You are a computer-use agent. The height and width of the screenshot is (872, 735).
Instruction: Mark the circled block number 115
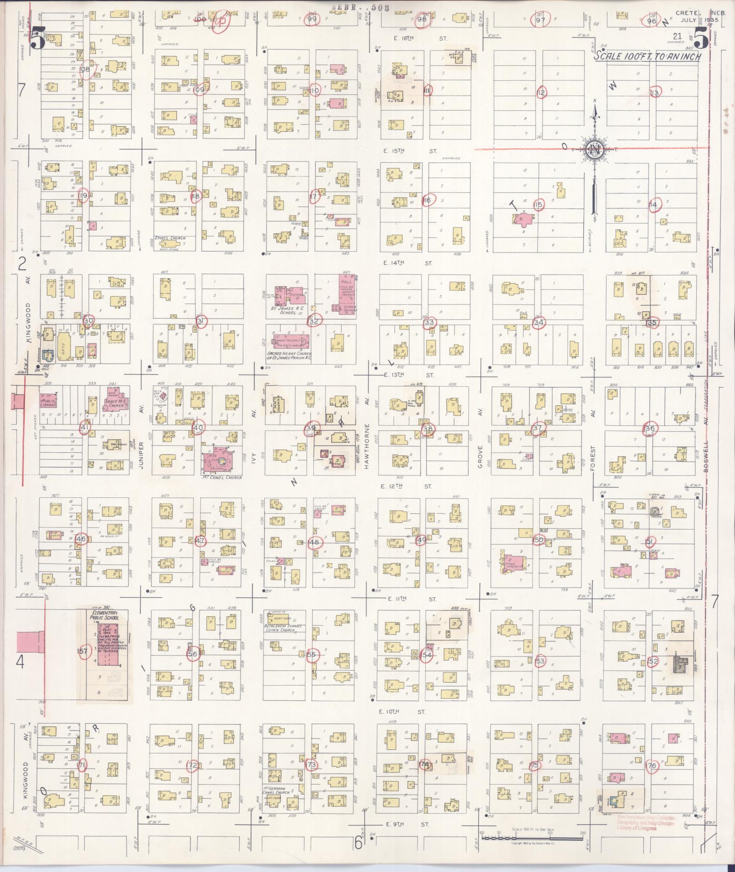[x=539, y=205]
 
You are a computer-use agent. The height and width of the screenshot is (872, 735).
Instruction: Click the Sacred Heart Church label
[x=289, y=356]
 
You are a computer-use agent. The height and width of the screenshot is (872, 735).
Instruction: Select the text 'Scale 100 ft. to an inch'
[x=647, y=57]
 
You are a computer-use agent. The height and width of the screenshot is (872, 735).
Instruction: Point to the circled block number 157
[x=82, y=651]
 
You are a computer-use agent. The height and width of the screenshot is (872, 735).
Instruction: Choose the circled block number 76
[x=652, y=766]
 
